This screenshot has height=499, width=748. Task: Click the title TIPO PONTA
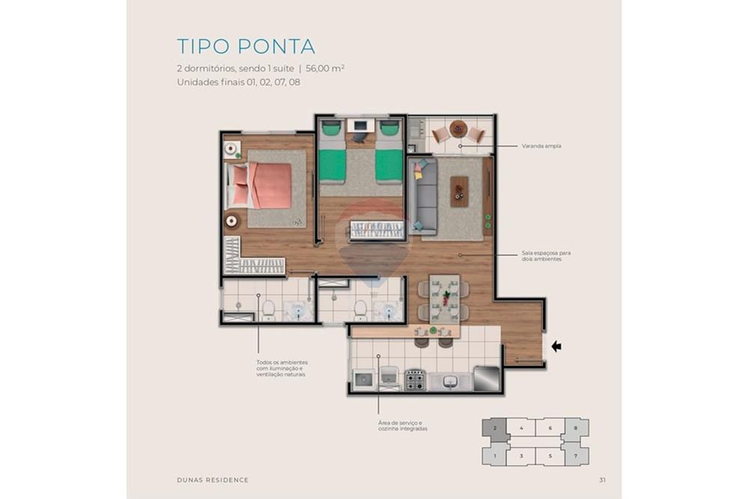pos(245,46)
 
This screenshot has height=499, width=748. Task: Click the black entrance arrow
pos(557,346)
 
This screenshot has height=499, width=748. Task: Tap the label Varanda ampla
pos(541,146)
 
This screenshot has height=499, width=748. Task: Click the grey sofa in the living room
pos(426,197)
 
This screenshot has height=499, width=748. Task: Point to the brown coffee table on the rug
pos(459,191)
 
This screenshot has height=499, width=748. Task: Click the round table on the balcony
pos(459,129)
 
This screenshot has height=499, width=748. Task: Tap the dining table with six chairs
pos(445,298)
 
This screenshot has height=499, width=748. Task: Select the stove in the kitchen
pos(415,380)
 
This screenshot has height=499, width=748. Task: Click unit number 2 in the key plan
pos(494,428)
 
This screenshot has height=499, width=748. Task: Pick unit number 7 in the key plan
pos(574,455)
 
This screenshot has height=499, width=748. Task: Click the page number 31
pos(603,480)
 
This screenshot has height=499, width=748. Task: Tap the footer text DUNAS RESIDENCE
pos(212,480)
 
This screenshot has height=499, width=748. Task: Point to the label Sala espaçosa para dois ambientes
pos(541,256)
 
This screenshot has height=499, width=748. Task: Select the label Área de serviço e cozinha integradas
pos(402,426)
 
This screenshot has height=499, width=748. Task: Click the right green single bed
pos(389,160)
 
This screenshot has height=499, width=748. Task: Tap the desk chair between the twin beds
pos(360,136)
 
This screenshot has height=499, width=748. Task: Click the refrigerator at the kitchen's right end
pos(485,377)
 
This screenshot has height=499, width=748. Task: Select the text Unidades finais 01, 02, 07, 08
pos(238,82)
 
